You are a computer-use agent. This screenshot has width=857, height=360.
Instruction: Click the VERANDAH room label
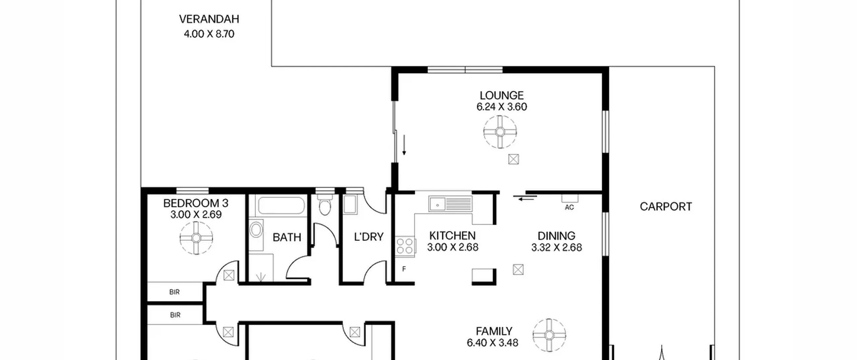click(209, 19)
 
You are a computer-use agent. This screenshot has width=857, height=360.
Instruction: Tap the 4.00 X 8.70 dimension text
click(209, 34)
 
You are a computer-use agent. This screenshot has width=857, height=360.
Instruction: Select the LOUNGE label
click(501, 95)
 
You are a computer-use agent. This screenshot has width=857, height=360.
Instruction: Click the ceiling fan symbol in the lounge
click(500, 132)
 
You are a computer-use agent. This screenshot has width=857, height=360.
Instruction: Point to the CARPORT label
click(666, 207)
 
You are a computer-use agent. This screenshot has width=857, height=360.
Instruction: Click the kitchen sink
click(450, 204)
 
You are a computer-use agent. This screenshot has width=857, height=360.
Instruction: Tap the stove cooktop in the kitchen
click(405, 246)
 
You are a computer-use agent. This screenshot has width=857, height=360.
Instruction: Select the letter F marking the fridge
click(404, 269)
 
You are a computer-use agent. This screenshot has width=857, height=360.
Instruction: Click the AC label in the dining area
click(569, 208)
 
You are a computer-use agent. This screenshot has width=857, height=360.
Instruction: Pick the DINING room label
click(556, 236)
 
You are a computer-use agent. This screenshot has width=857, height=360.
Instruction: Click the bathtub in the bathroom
click(281, 206)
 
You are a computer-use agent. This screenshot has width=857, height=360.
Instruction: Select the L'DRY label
click(369, 237)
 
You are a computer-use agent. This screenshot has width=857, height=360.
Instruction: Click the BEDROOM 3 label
click(196, 203)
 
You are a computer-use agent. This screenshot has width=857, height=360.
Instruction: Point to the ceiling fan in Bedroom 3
click(196, 238)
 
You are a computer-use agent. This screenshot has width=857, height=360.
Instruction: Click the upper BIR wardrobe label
click(174, 292)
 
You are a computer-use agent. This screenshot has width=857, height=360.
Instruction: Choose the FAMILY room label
click(494, 331)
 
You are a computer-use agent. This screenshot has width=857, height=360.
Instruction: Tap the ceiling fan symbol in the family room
click(549, 335)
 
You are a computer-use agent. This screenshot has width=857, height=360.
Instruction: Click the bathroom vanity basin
click(256, 230)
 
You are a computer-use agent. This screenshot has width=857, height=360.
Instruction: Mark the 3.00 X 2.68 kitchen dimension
click(453, 247)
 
